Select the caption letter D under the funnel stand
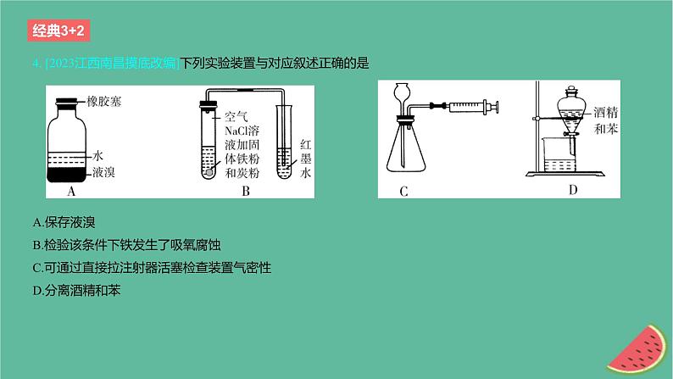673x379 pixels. [x=573, y=190]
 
